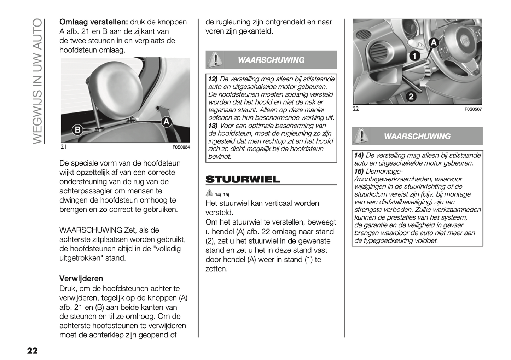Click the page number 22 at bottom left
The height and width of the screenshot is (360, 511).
[x=32, y=350]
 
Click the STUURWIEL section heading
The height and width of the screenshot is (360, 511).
[x=243, y=179]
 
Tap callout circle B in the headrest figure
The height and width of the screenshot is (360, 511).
[x=77, y=130]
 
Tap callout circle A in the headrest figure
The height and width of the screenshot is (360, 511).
[x=166, y=122]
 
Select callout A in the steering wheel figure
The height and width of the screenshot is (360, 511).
[x=434, y=43]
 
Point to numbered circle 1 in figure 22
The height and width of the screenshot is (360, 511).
[x=415, y=56]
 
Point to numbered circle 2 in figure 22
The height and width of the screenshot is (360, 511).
[x=411, y=96]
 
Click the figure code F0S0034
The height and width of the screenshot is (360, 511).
[x=181, y=147]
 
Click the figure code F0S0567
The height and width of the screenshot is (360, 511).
[x=473, y=109]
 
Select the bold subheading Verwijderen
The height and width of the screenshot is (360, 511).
[x=81, y=278]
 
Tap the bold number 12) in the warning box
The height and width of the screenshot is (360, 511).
[x=213, y=79]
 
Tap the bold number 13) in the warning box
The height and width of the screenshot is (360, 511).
[x=213, y=126]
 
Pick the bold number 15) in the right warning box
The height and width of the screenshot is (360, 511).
[x=359, y=171]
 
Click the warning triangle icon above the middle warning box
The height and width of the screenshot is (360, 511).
[x=215, y=59]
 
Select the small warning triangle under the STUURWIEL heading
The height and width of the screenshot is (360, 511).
[x=209, y=193]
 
